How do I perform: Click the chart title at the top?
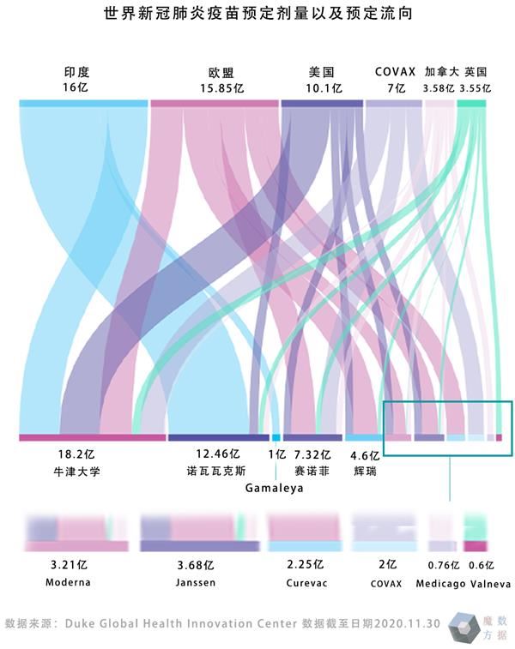[x=257, y=15]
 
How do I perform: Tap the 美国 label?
[x=322, y=73]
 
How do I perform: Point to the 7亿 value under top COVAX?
[x=395, y=88]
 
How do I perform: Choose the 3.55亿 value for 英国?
[x=475, y=88]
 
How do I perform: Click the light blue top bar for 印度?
[x=83, y=104]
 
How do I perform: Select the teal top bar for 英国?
[x=472, y=104]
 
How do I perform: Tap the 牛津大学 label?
[x=76, y=471]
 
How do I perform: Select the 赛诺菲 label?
[x=312, y=471]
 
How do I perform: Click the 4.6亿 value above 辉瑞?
[x=365, y=454]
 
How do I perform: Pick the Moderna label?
[x=69, y=582]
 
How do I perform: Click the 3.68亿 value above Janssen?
[x=196, y=565]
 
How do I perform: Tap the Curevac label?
[x=306, y=582]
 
